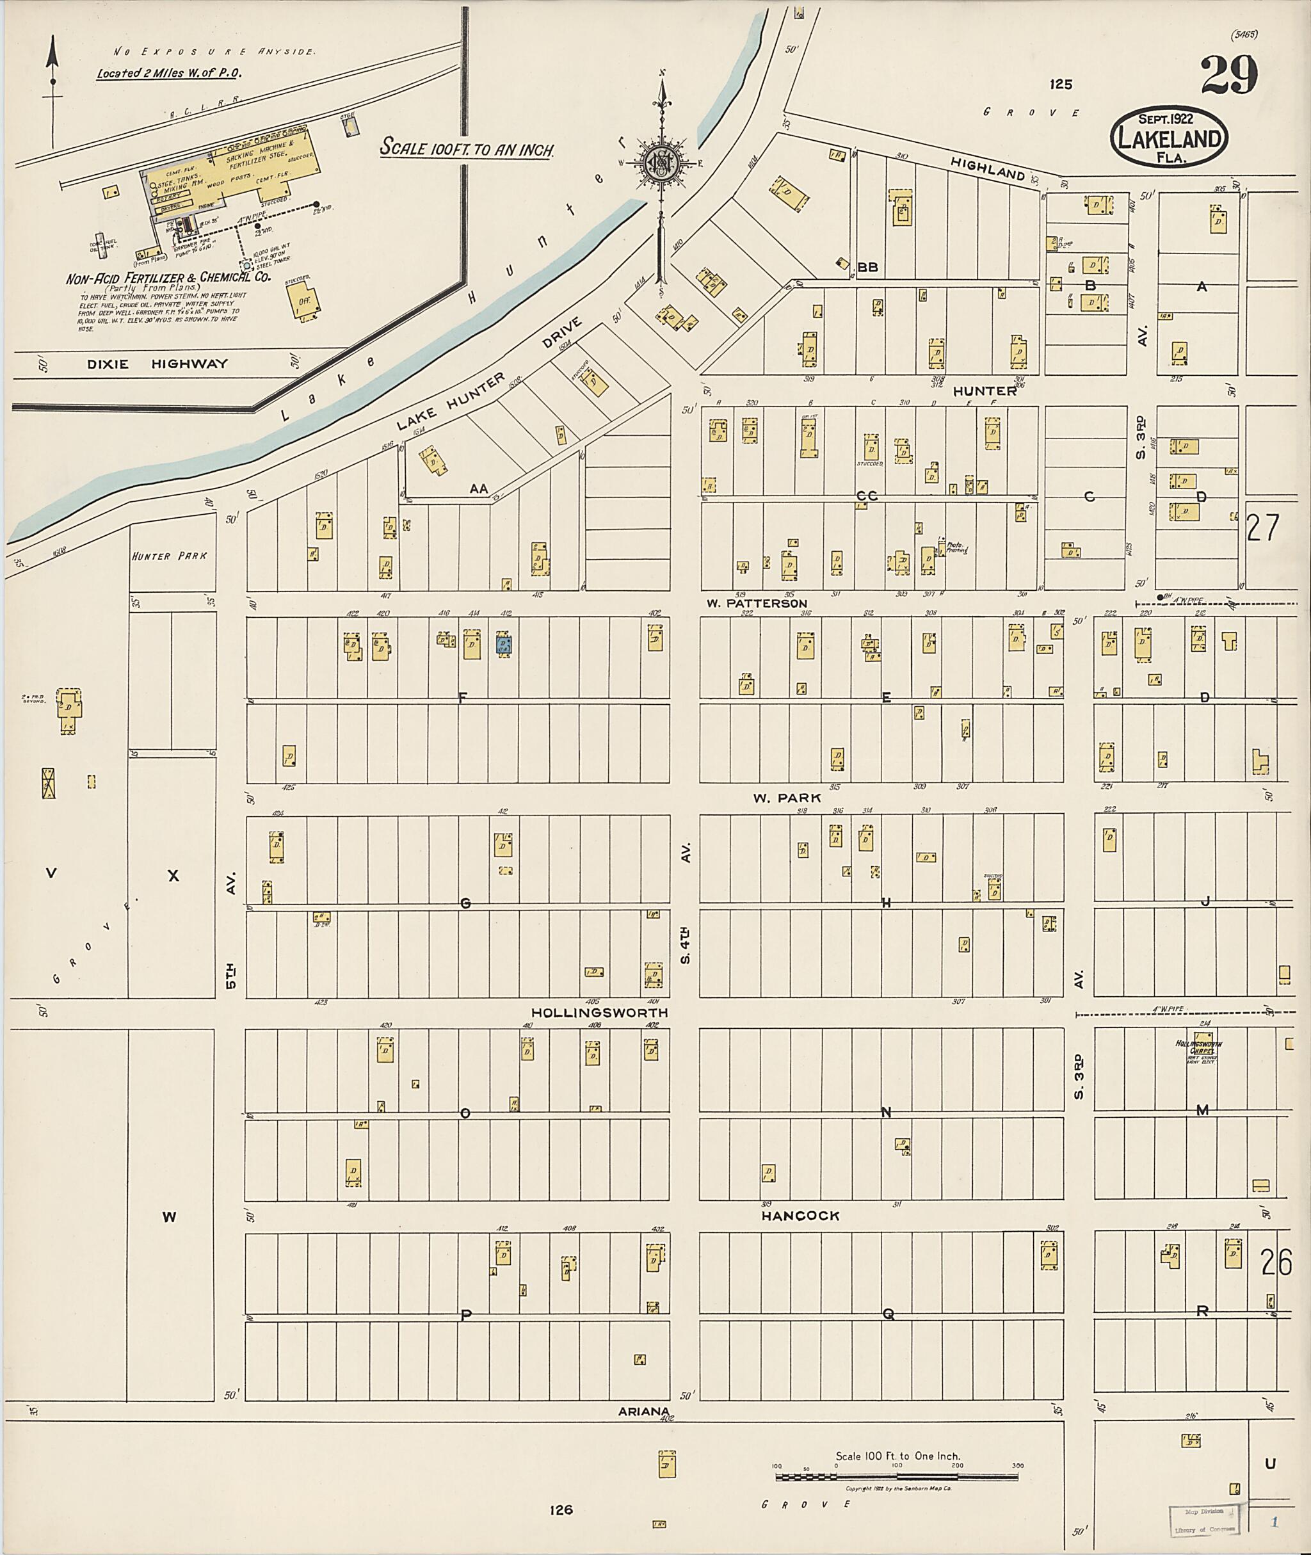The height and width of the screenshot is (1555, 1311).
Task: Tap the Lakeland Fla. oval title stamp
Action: [1168, 138]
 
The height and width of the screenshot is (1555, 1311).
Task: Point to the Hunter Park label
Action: [170, 556]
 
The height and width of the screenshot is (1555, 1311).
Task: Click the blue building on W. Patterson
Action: [504, 644]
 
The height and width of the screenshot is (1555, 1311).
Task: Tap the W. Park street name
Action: [786, 798]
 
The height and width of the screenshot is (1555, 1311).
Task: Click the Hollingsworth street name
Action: [599, 1012]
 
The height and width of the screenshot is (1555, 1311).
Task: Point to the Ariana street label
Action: [643, 1411]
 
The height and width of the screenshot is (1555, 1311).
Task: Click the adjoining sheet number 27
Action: [1263, 528]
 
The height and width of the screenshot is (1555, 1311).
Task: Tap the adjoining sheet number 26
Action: [1276, 1262]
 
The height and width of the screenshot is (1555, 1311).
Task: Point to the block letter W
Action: [170, 1217]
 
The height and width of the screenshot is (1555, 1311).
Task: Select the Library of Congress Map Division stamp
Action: [1204, 1520]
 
